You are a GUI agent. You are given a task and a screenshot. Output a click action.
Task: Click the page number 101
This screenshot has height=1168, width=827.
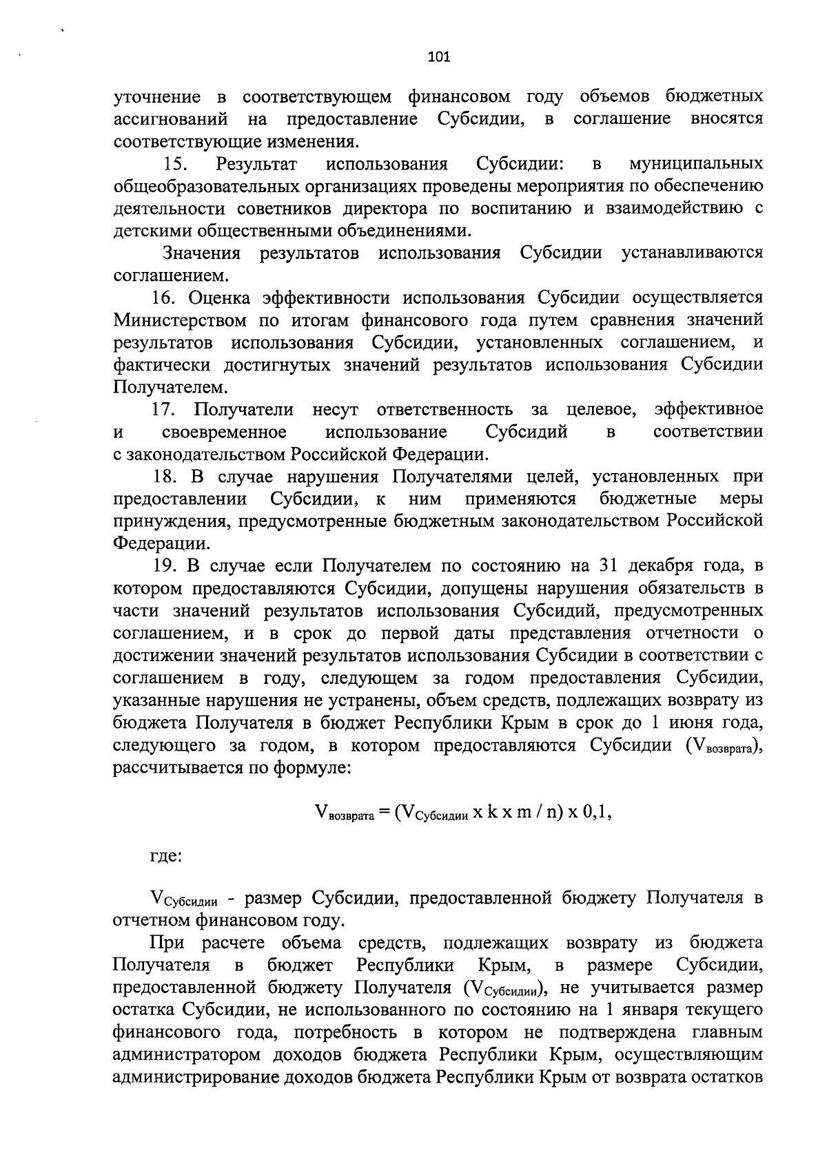[x=438, y=57]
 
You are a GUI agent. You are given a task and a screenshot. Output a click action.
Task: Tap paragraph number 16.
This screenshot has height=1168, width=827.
[x=165, y=298]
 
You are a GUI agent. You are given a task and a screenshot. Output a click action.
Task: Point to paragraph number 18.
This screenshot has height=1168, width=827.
[x=165, y=477]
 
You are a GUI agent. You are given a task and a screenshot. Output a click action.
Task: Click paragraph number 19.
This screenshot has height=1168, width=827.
[x=165, y=566]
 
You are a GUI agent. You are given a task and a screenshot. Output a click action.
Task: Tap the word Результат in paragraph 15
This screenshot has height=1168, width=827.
[x=256, y=164]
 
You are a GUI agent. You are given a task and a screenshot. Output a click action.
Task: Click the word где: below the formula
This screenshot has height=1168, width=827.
[x=166, y=857]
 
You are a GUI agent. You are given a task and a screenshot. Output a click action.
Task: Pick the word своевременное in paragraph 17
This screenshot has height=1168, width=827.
[x=224, y=432]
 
